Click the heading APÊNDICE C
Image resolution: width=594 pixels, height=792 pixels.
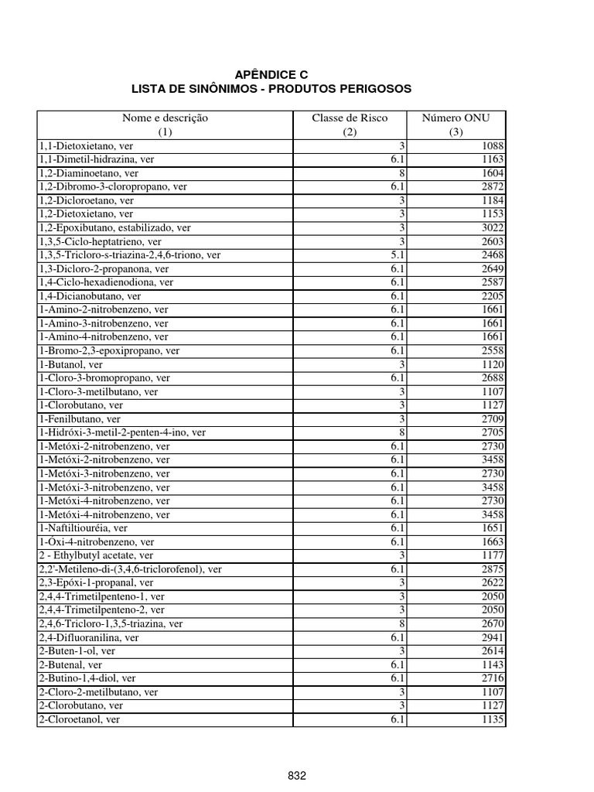(x=271, y=74)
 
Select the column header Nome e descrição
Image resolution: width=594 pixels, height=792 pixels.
(x=165, y=118)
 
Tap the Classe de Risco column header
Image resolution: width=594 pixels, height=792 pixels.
(x=350, y=118)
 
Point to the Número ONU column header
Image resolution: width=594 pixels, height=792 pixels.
(x=456, y=118)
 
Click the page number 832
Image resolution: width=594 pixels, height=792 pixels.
(x=297, y=775)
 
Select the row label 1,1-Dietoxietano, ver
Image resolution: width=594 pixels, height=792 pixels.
(x=87, y=145)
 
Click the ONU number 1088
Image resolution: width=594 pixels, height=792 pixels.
(x=492, y=145)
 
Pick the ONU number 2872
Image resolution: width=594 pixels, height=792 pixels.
(x=492, y=186)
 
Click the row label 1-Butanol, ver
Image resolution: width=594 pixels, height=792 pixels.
(x=71, y=364)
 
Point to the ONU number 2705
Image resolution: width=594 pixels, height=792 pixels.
(x=492, y=432)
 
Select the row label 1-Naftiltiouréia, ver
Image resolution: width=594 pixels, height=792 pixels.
(x=84, y=528)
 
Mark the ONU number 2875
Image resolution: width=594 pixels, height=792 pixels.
(x=492, y=569)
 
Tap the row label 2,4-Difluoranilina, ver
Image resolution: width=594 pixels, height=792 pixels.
(x=89, y=637)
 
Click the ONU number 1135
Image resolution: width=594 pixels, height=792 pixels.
(x=492, y=719)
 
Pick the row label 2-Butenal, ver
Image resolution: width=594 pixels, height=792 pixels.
(x=70, y=664)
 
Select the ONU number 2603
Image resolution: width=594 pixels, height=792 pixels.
(x=492, y=241)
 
